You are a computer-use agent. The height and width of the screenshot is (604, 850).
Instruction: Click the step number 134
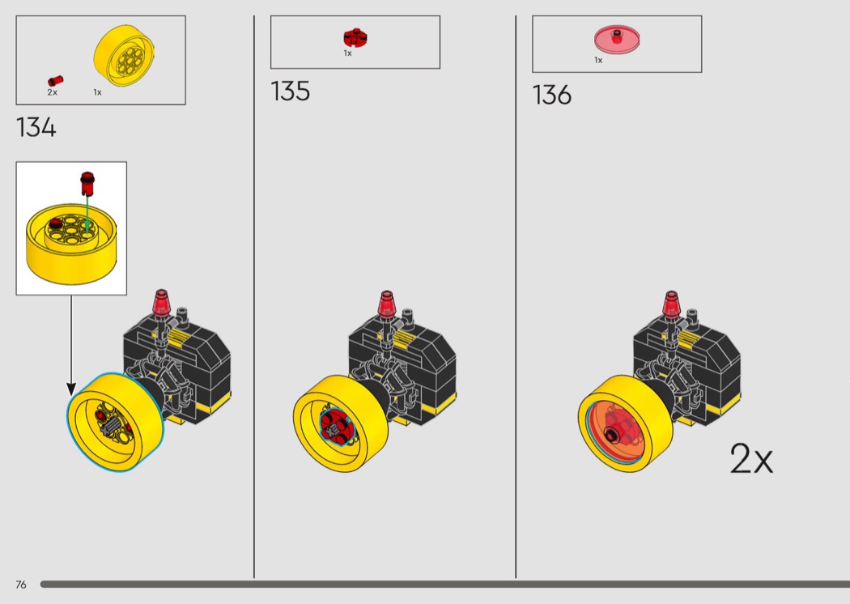point(36,127)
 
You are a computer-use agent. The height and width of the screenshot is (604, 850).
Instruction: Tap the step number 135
point(290,91)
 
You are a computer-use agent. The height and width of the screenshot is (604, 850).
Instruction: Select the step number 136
point(552,95)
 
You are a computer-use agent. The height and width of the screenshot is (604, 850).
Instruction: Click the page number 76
point(21,585)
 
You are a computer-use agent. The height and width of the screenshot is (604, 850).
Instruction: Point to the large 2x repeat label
point(751,459)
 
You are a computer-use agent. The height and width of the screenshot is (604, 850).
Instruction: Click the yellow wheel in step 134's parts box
point(125,55)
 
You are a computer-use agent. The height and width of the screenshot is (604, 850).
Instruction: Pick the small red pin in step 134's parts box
point(55,81)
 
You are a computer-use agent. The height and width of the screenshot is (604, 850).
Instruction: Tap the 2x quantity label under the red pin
point(52,93)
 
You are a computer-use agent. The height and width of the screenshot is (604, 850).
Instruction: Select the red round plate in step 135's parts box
point(355,37)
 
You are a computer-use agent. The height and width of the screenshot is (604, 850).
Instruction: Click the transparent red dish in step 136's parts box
point(617,39)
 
